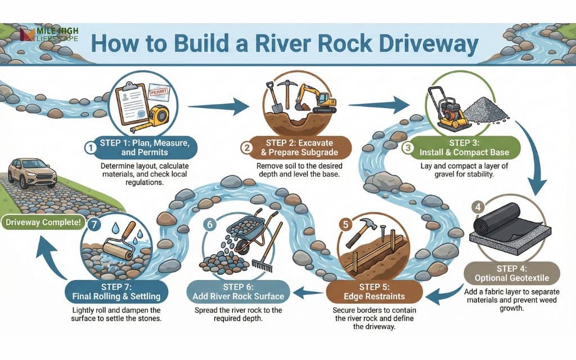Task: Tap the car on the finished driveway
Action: [32, 172]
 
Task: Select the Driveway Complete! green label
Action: [43, 222]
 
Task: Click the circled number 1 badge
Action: [88, 147]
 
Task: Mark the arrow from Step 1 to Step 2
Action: [219, 105]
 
